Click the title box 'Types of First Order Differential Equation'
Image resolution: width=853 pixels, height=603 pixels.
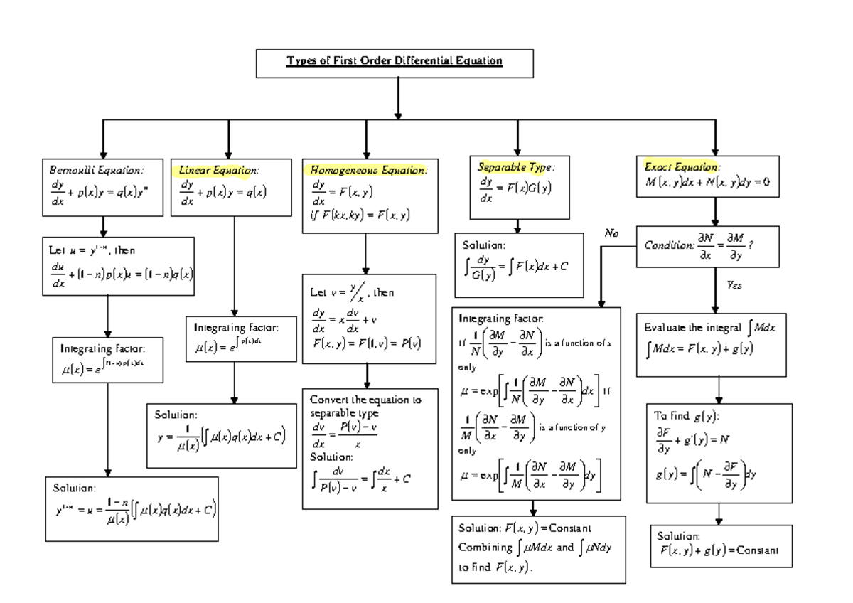coord(395,62)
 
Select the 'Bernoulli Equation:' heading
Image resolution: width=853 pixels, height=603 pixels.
coord(96,171)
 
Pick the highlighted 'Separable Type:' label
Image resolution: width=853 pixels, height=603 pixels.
coord(515,168)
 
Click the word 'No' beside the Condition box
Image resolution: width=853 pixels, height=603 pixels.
coord(612,233)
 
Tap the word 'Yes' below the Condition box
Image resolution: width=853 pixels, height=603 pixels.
coord(734,284)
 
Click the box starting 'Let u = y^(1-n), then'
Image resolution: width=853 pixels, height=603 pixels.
coord(118,266)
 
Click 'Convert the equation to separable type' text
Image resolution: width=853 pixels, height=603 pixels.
coord(365,406)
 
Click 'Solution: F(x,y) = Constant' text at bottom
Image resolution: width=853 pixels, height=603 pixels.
coord(525,528)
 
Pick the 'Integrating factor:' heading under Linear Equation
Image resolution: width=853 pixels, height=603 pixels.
coord(236,328)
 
